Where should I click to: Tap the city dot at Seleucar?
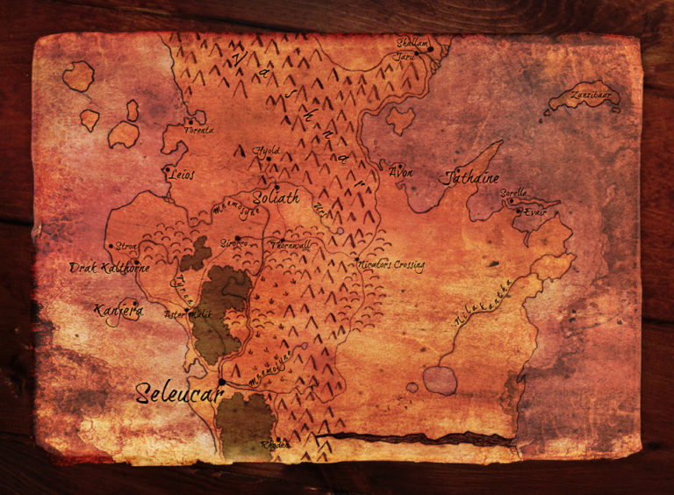[223, 383]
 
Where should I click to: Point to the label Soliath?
[276, 197]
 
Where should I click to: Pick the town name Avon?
[400, 171]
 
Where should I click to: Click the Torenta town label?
[197, 131]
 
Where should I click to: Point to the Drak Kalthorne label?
[110, 268]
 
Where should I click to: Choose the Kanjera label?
[118, 309]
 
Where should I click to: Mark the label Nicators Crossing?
[392, 264]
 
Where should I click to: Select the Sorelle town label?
[513, 192]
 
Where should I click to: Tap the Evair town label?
[534, 212]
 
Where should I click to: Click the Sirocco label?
[233, 243]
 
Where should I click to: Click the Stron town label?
[128, 247]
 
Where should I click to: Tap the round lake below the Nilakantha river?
[440, 380]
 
